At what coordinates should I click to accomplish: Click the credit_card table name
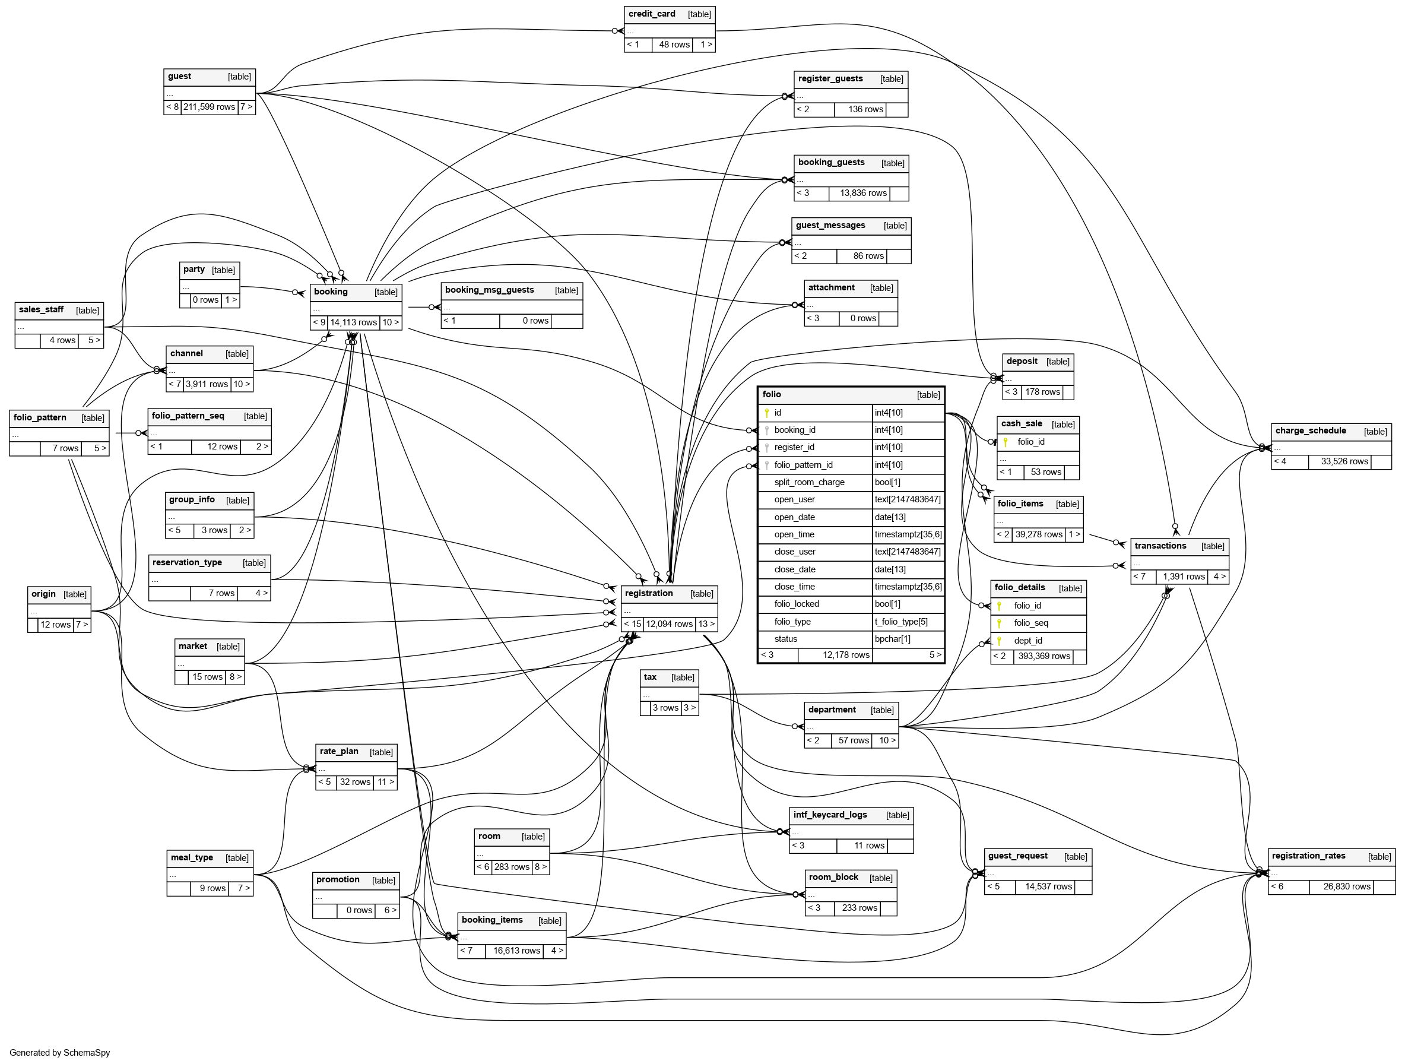tap(651, 14)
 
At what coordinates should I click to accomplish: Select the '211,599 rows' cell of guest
tap(209, 107)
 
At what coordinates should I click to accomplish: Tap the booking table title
tap(330, 292)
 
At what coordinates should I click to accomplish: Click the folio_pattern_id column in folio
tap(803, 465)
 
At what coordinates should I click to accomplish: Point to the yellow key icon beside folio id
tap(767, 413)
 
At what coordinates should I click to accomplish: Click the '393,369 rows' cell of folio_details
tap(1044, 656)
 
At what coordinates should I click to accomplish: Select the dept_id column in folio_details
tap(1027, 640)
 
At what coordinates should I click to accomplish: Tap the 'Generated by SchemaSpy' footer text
tap(60, 1053)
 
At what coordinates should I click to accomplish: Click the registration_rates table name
tap(1308, 856)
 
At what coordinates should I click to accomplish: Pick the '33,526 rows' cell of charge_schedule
tap(1344, 462)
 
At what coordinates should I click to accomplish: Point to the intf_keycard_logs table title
tap(830, 815)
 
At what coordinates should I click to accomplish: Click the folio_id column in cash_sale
tap(1030, 442)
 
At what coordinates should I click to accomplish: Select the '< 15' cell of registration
tap(632, 625)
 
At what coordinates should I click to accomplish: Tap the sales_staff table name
tap(42, 310)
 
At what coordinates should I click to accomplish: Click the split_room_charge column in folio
tap(809, 482)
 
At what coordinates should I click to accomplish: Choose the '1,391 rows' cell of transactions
tap(1184, 577)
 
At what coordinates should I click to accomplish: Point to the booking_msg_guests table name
tap(489, 290)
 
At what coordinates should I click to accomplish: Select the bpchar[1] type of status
tap(892, 639)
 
